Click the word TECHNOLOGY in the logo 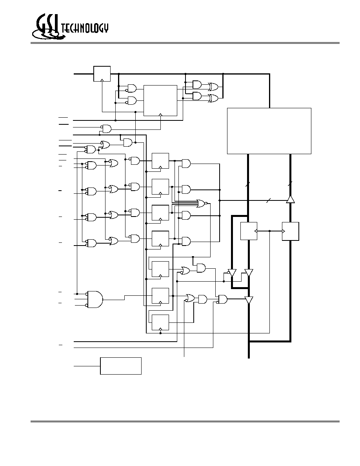click(x=85, y=28)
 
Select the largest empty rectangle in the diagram click(x=269, y=131)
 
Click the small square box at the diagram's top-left click(x=102, y=74)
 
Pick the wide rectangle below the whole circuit click(x=121, y=366)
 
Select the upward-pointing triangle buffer click(x=290, y=199)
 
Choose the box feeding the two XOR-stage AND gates click(x=160, y=100)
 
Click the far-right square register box click(x=291, y=231)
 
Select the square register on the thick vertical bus click(x=249, y=231)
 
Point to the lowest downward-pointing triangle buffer click(x=249, y=300)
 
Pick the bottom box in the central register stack click(x=160, y=322)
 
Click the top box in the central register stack click(x=160, y=161)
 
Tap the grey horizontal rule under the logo click(x=185, y=43)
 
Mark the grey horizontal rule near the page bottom click(x=185, y=421)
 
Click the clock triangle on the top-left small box click(x=102, y=80)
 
